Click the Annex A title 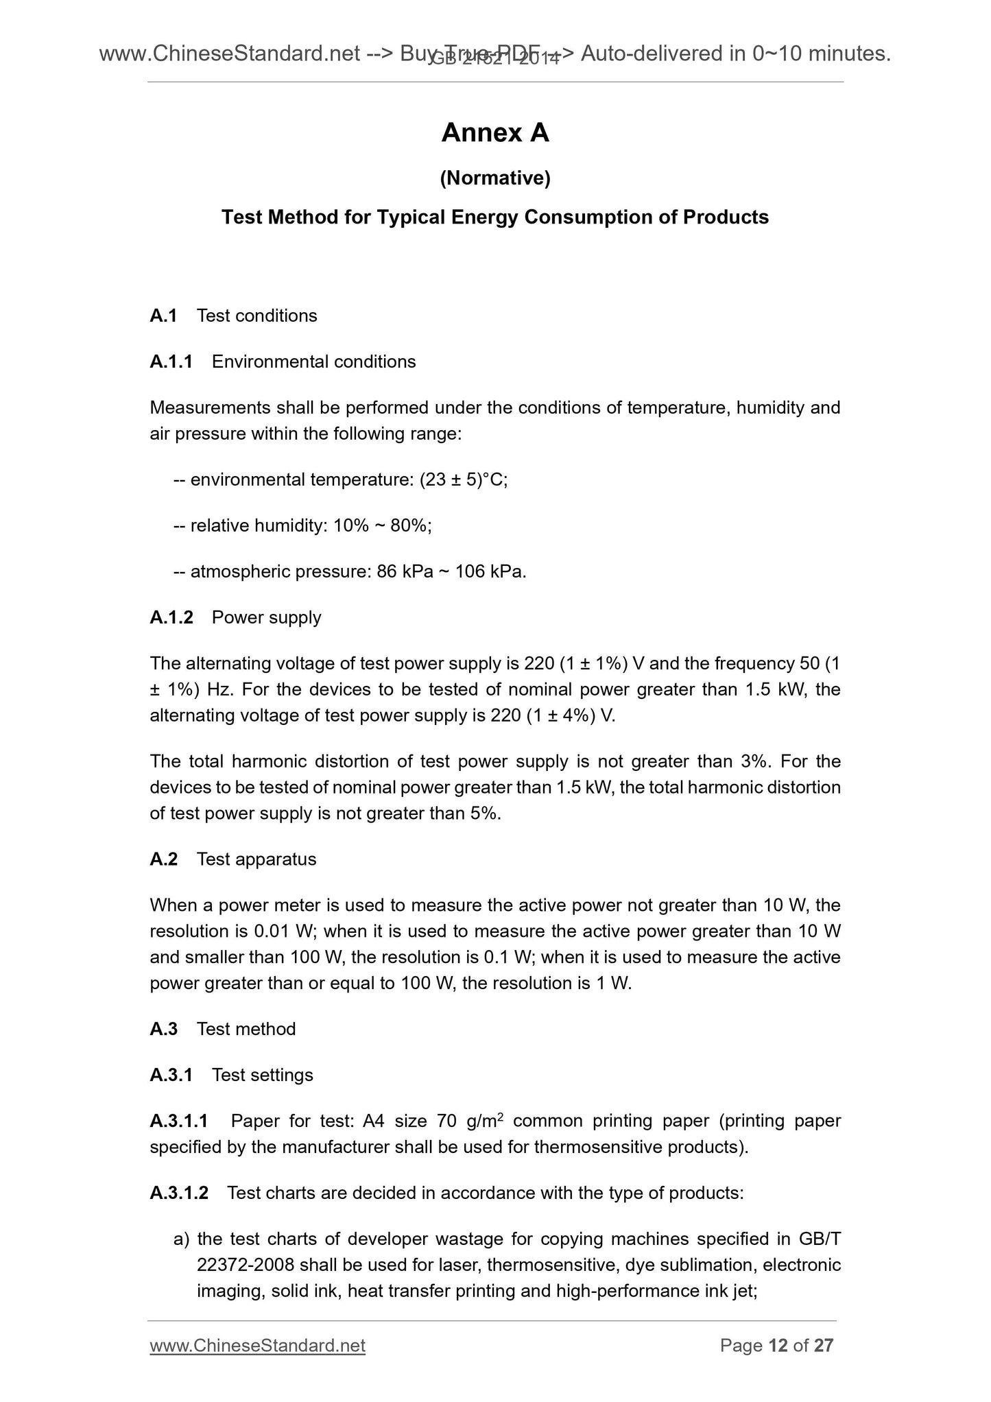click(x=495, y=133)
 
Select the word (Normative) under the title click(x=495, y=178)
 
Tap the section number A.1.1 click(x=171, y=361)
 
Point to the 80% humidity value click(x=410, y=525)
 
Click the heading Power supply click(x=266, y=617)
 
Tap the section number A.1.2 click(x=171, y=617)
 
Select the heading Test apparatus click(x=256, y=859)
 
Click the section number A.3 click(x=164, y=1029)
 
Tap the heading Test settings click(x=262, y=1075)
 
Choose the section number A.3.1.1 click(x=179, y=1121)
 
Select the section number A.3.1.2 click(x=179, y=1193)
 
